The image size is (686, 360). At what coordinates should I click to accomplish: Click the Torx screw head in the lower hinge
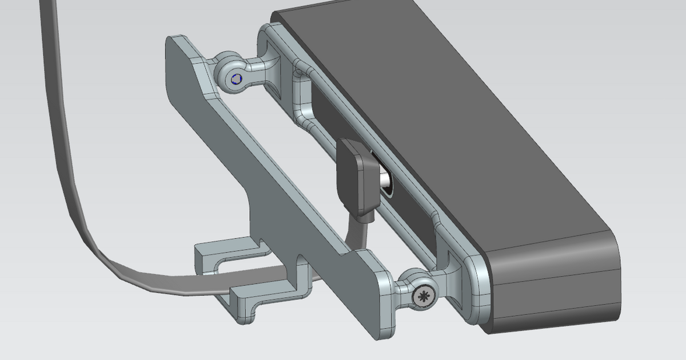point(424,296)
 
